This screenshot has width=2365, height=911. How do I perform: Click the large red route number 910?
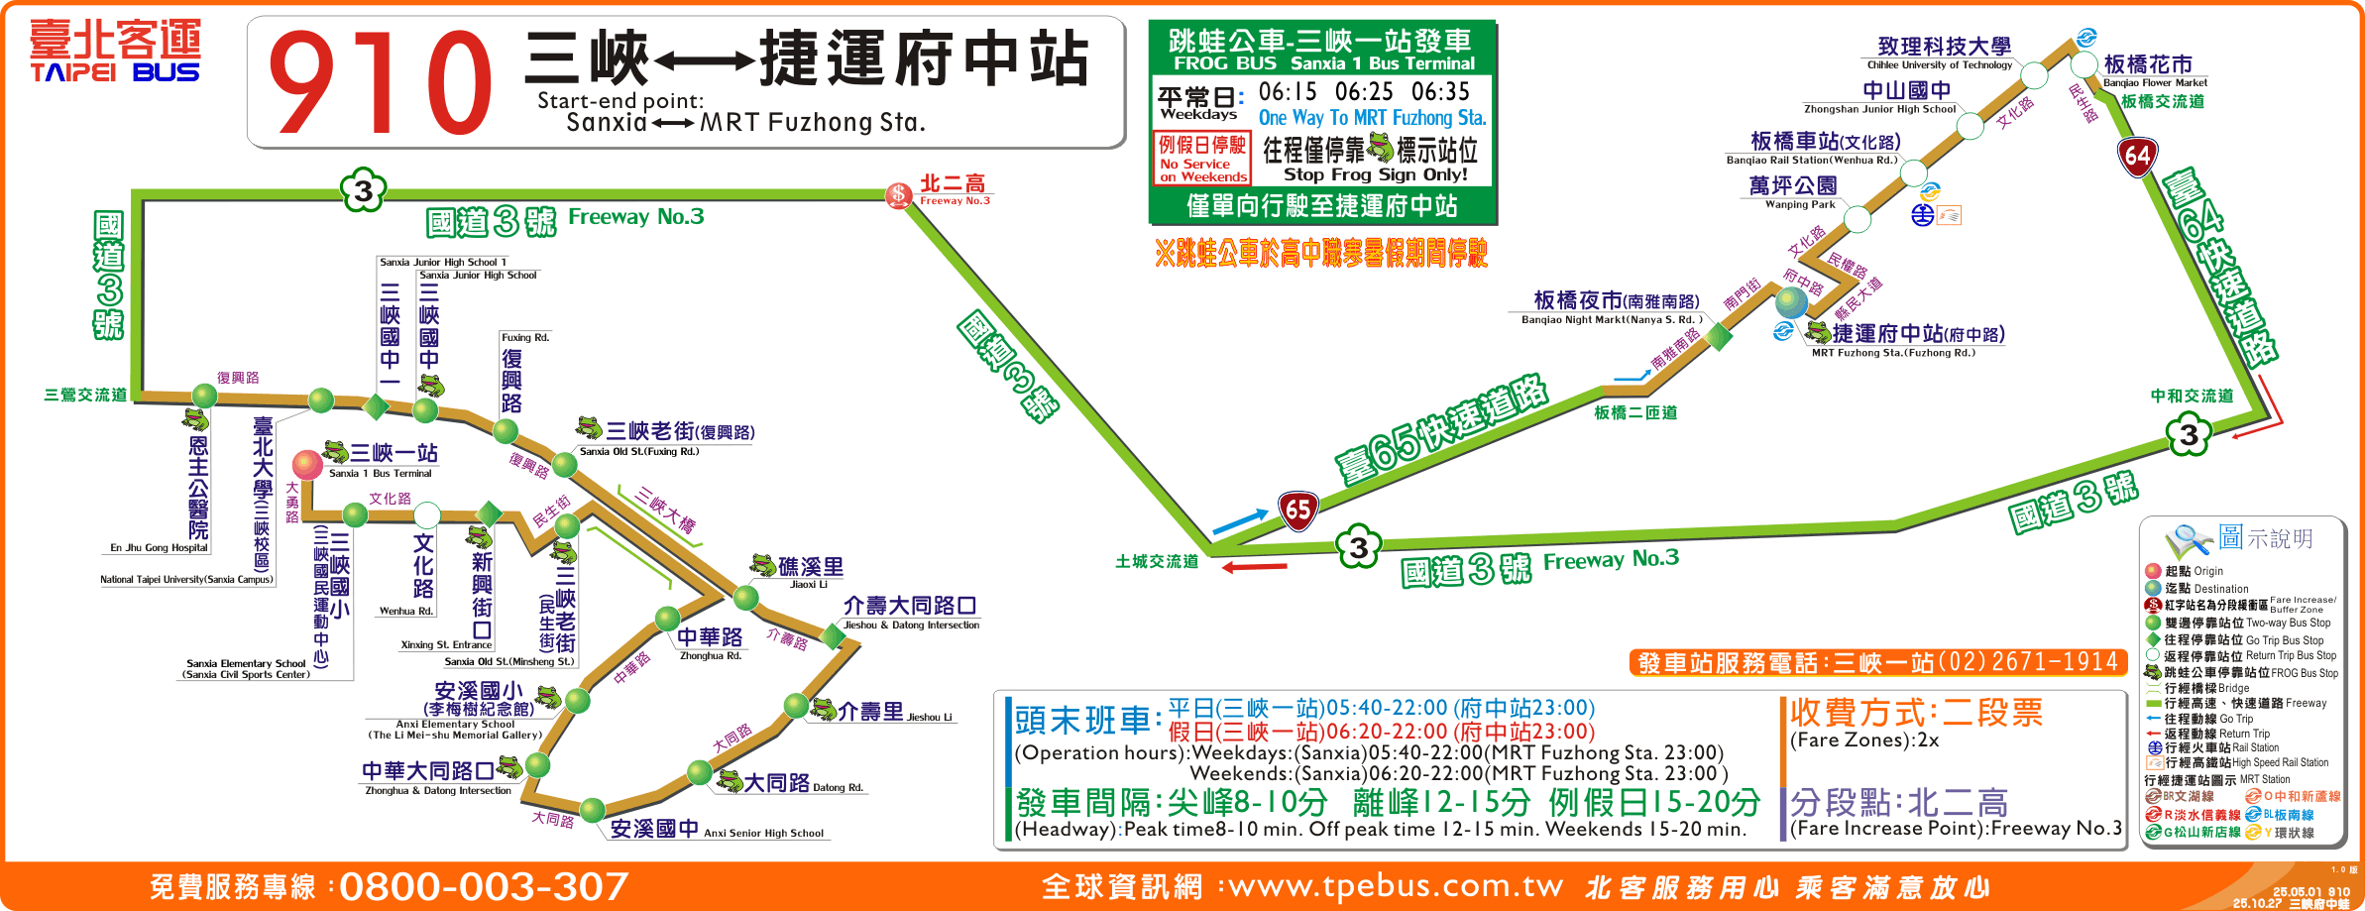point(380,83)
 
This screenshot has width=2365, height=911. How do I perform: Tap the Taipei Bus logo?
point(115,52)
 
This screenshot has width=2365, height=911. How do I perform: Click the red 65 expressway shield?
point(1297,511)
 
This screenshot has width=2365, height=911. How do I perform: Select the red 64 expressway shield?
point(2137,156)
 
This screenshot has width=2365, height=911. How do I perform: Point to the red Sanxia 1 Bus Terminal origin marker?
point(307,464)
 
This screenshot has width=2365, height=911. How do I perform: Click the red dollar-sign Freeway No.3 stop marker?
point(898,194)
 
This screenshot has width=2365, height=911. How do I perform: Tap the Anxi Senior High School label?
point(716,830)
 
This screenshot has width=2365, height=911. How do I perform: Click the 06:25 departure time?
point(1364,92)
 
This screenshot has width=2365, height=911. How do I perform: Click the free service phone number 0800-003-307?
point(484,886)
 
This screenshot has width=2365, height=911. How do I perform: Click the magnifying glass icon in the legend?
point(2187,539)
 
